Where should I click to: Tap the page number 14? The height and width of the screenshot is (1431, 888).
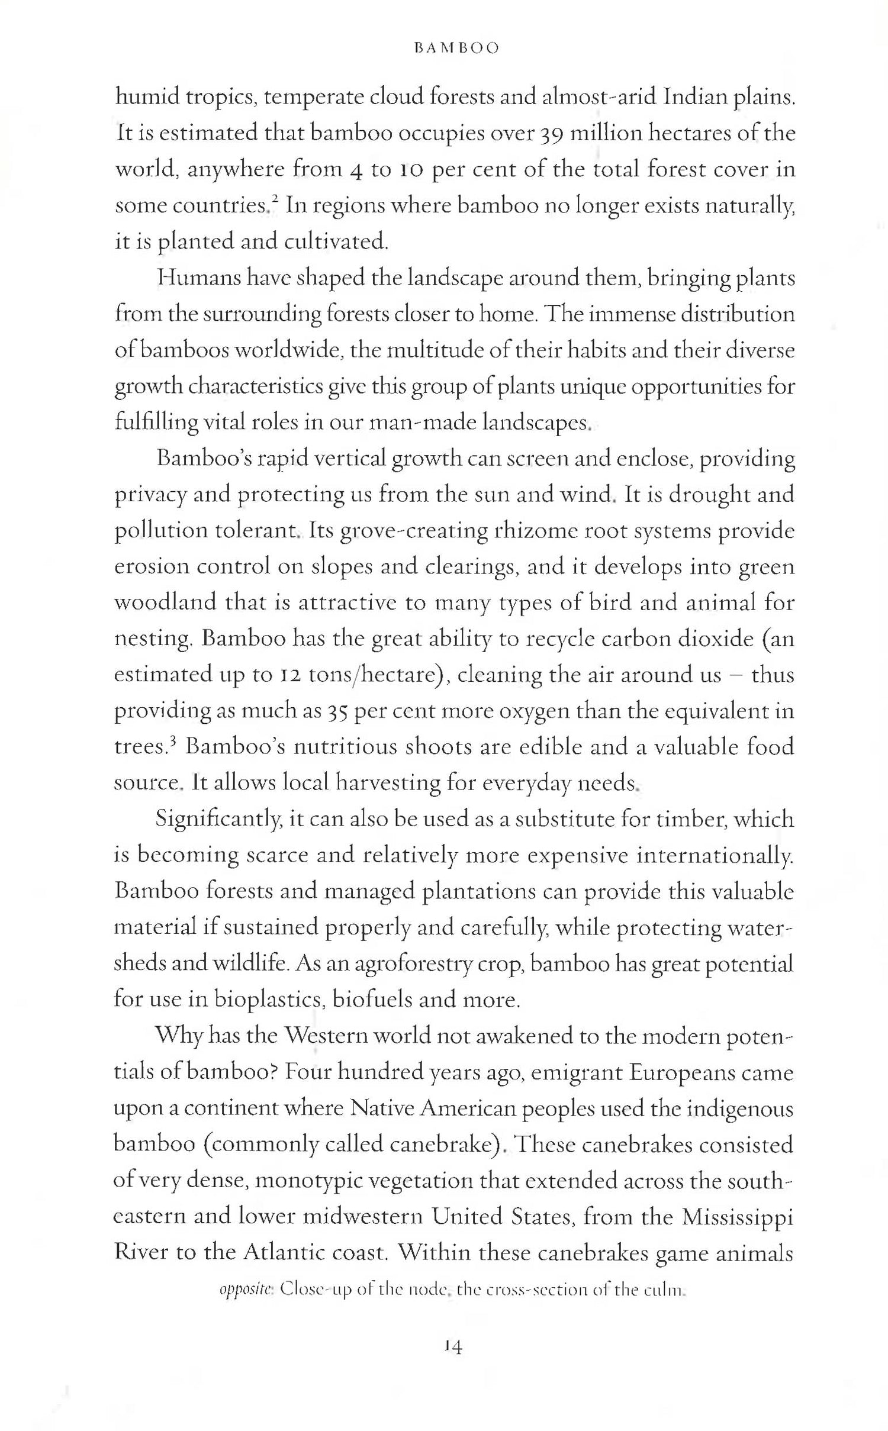[x=453, y=1348]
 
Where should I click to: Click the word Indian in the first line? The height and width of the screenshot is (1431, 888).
[x=694, y=98]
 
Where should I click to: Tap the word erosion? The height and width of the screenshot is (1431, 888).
[x=150, y=567]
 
